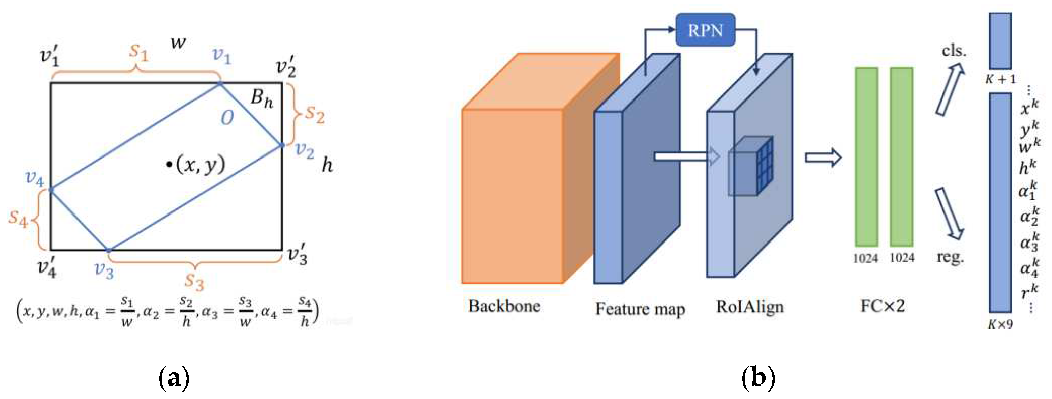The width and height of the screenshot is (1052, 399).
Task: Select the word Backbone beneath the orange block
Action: pyautogui.click(x=504, y=306)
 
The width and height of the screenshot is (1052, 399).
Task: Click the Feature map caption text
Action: pyautogui.click(x=640, y=309)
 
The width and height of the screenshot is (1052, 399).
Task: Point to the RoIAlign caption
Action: pyautogui.click(x=750, y=307)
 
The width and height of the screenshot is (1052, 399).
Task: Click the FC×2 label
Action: pyautogui.click(x=883, y=306)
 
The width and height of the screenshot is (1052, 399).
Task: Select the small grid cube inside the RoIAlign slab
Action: pyautogui.click(x=751, y=165)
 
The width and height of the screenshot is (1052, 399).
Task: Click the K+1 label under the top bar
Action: pyautogui.click(x=1000, y=79)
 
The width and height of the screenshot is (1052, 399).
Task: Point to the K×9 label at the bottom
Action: pyautogui.click(x=1000, y=324)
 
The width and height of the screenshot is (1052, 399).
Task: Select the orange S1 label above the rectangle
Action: pyautogui.click(x=138, y=52)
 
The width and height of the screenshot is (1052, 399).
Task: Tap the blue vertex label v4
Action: pyautogui.click(x=35, y=179)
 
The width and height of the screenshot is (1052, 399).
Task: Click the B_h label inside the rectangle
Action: pyautogui.click(x=262, y=98)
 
